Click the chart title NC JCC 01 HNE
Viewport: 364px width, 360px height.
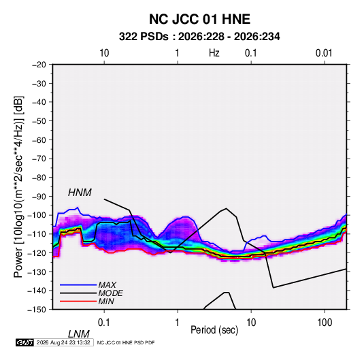coord(199,19)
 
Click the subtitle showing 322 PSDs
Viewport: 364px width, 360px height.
coord(199,37)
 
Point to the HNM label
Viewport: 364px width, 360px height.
coord(80,193)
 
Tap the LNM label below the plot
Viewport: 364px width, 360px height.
coord(79,334)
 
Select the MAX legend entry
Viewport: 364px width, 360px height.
coord(107,285)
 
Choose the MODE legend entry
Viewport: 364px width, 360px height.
coord(110,293)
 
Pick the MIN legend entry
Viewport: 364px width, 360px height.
coord(106,301)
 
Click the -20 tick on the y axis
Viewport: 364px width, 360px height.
coord(39,65)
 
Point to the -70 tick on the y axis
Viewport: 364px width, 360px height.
coord(39,159)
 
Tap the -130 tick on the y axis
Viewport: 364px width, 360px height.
coord(37,272)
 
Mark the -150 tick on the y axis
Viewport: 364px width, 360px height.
coord(37,310)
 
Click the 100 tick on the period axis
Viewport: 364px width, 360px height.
coord(325,323)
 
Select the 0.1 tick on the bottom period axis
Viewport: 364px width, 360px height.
coord(104,323)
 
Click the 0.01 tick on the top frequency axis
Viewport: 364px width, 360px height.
coord(324,53)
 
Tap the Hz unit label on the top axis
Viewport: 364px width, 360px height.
coord(214,53)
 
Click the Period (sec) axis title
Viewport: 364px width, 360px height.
coord(214,330)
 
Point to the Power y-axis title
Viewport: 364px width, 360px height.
coord(18,186)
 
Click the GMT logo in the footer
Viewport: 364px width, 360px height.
coord(25,342)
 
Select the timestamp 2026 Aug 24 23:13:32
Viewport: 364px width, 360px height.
coord(63,342)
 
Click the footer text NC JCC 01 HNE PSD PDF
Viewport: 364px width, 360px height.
coord(126,343)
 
